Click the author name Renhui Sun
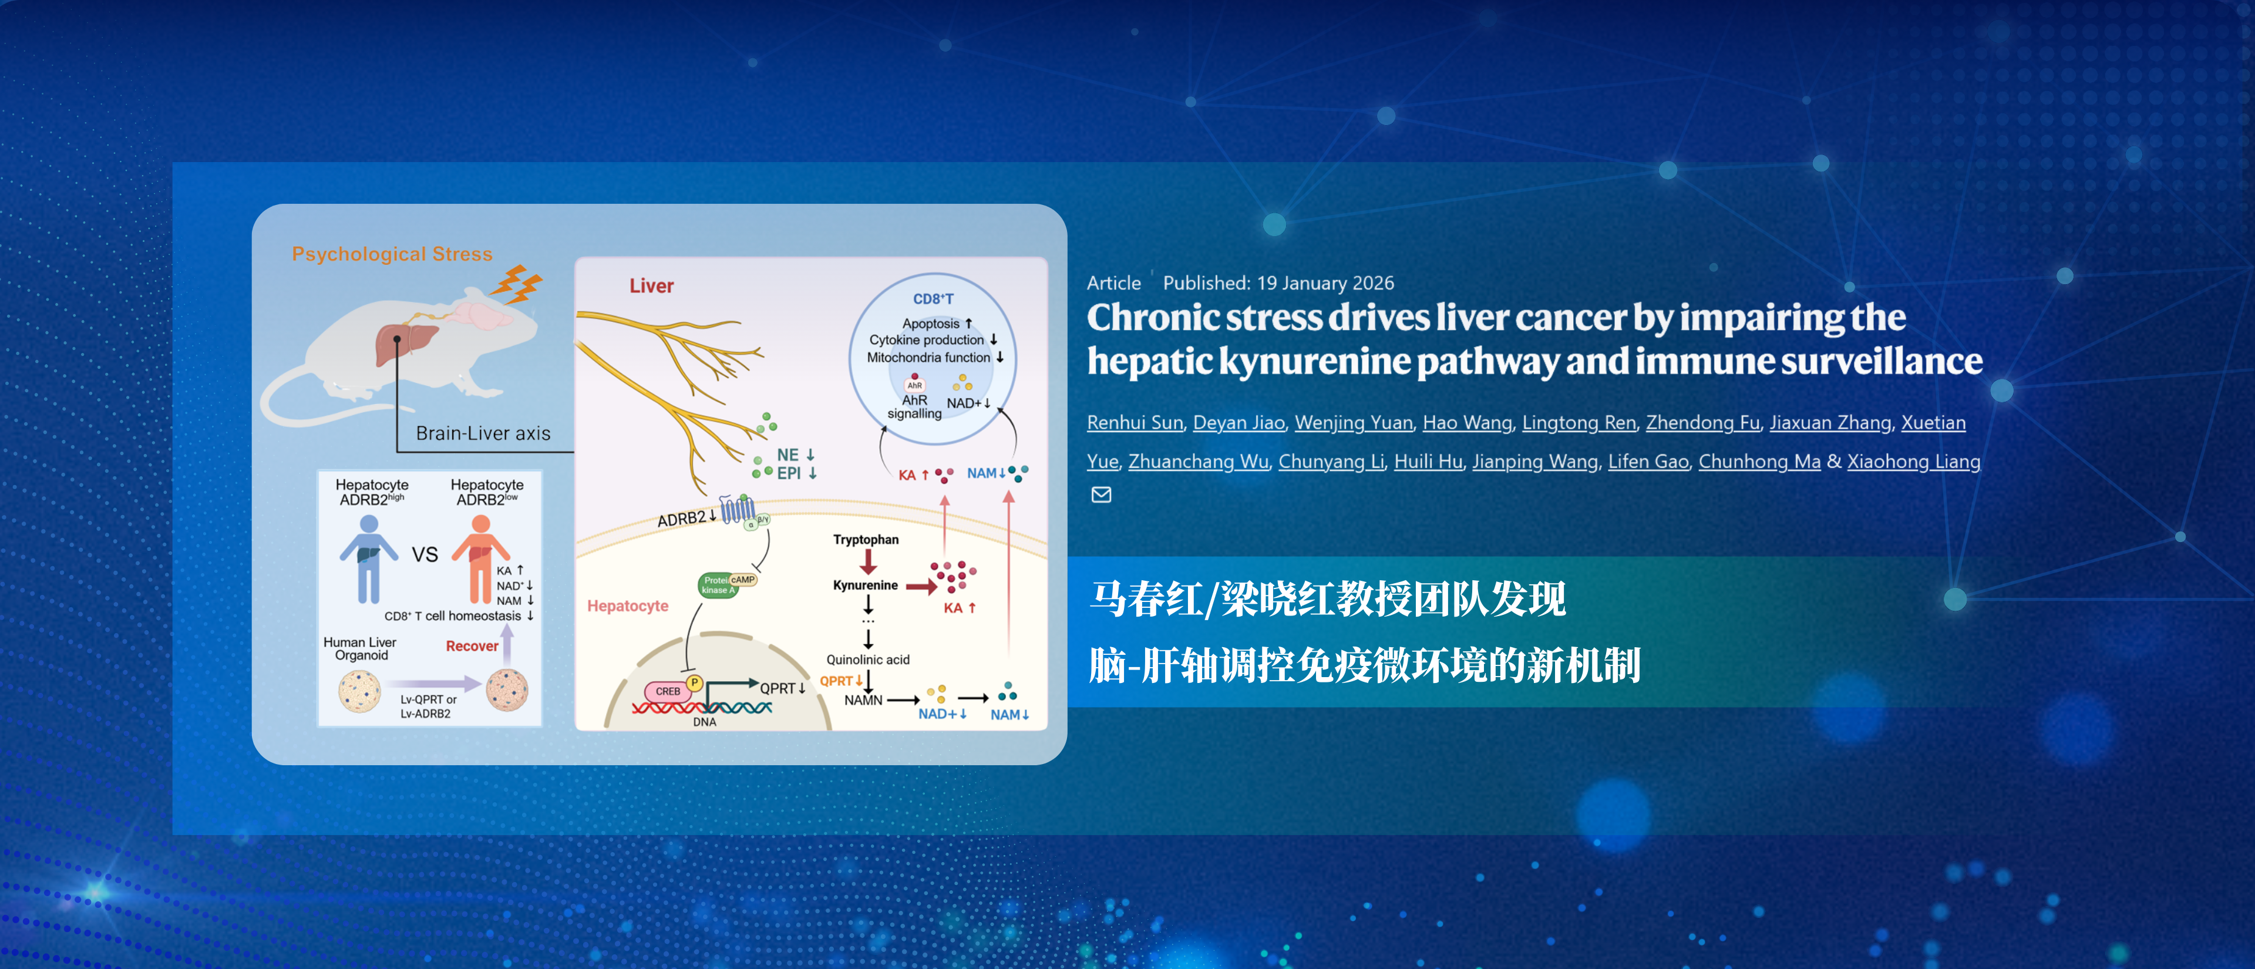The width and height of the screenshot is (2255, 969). coord(1135,423)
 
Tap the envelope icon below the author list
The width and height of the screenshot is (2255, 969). coord(1100,494)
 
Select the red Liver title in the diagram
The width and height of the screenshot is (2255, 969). coord(651,286)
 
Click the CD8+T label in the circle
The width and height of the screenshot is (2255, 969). coord(933,298)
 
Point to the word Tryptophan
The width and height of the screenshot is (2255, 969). coord(866,539)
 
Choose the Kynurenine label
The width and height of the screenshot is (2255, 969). coord(865,585)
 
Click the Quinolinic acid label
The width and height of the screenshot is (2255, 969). coord(867,659)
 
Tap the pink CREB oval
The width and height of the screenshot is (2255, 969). coord(668,691)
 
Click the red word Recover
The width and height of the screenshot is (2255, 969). coord(472,646)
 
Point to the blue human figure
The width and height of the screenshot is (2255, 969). coord(369,557)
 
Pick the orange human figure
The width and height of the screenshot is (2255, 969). coord(480,557)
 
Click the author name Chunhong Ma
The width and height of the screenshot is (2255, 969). coord(1759,462)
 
